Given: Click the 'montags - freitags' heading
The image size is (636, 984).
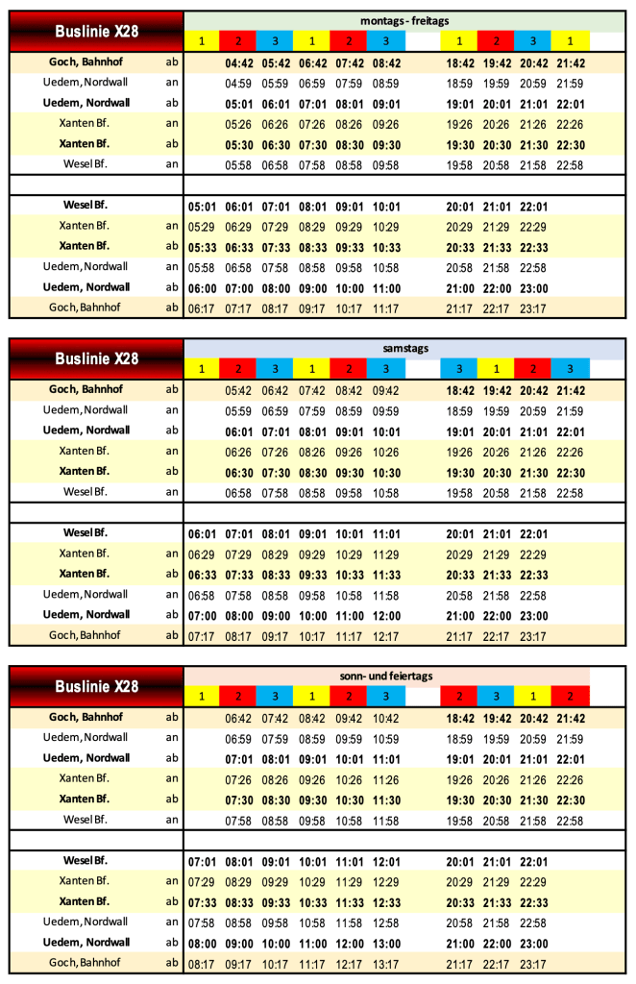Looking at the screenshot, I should coord(404,20).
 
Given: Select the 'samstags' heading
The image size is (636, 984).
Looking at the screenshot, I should coord(404,348).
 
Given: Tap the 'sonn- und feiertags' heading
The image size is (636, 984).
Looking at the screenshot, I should coord(404,676).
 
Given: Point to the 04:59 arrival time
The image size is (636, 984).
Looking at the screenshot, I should coord(238,84).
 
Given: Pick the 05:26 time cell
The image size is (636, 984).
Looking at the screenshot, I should coord(238,124).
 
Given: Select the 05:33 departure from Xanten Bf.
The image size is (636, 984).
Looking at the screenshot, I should coord(202,246).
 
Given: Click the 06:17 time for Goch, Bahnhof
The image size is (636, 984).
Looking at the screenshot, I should coord(202,307).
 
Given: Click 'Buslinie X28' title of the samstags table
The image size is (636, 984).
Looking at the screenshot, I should coord(96,358).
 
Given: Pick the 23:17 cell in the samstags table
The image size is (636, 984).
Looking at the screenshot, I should coord(532,635).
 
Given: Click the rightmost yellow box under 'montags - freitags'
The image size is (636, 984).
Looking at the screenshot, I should coord(570,40).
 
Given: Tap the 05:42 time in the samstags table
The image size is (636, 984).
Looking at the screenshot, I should coord(238,390).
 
